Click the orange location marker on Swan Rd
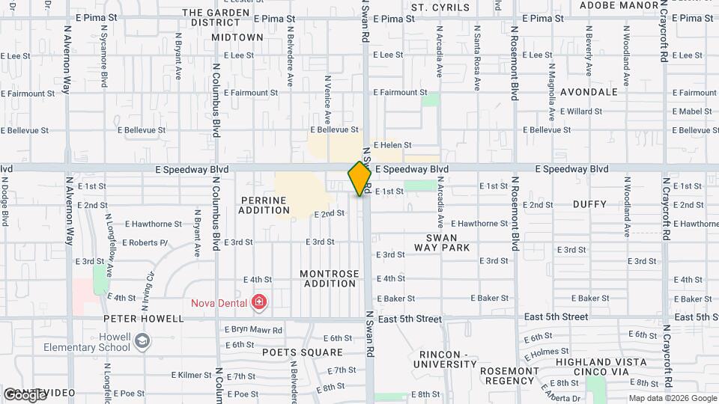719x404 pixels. coord(359,178)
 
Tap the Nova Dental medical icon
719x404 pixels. coord(259,302)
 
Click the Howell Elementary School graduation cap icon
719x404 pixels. coord(141,342)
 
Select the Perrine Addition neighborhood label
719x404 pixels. coord(264,205)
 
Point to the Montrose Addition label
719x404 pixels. coord(330,278)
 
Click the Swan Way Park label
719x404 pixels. coord(442,242)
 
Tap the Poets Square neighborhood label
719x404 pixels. coord(302,352)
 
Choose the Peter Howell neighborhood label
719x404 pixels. coord(144,319)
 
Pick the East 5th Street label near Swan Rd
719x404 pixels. coord(410,319)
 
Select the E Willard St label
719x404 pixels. coord(581,111)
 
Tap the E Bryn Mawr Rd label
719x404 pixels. coord(253,330)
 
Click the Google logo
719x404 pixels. coord(24,394)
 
